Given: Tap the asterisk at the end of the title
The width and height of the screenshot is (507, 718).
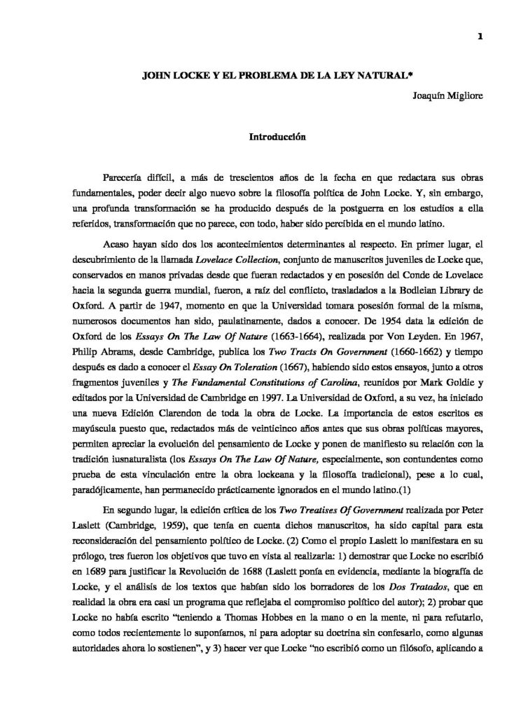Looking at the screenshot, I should point(359,71).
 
